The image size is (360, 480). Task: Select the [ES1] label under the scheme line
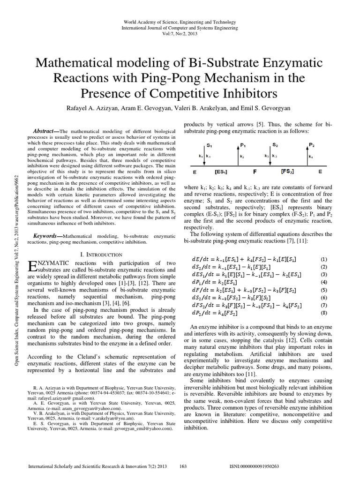coord(221,172)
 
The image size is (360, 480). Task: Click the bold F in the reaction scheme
coord(255,172)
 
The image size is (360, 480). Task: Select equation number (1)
coord(323,259)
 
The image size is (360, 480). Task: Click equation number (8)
coord(323,313)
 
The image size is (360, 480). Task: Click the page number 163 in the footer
coord(184,467)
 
